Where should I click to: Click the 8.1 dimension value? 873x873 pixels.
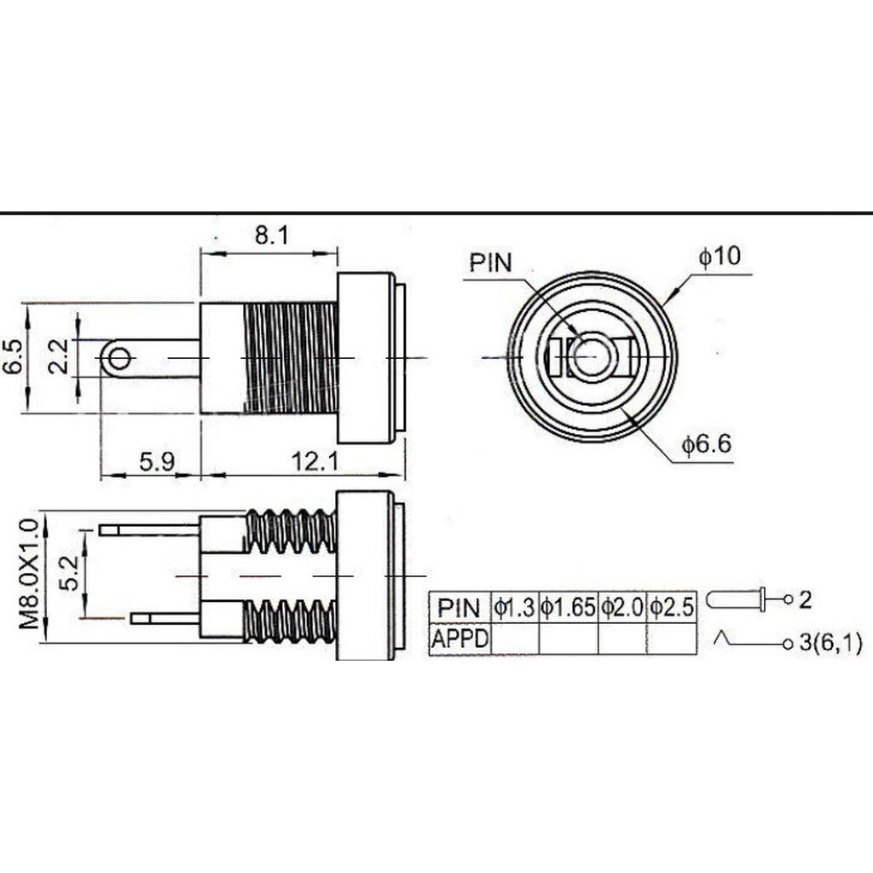pos(272,235)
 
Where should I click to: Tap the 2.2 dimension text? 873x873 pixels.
pos(59,356)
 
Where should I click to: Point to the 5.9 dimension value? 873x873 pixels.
pos(157,461)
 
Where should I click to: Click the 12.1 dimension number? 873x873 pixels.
pos(315,461)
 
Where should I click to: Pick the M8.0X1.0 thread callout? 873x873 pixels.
pos(30,574)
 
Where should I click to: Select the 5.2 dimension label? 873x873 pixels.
pos(71,575)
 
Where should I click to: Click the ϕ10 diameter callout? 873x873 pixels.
pos(720,256)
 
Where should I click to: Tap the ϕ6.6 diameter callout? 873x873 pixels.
pos(707,445)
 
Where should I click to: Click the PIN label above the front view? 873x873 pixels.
pos(490,263)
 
